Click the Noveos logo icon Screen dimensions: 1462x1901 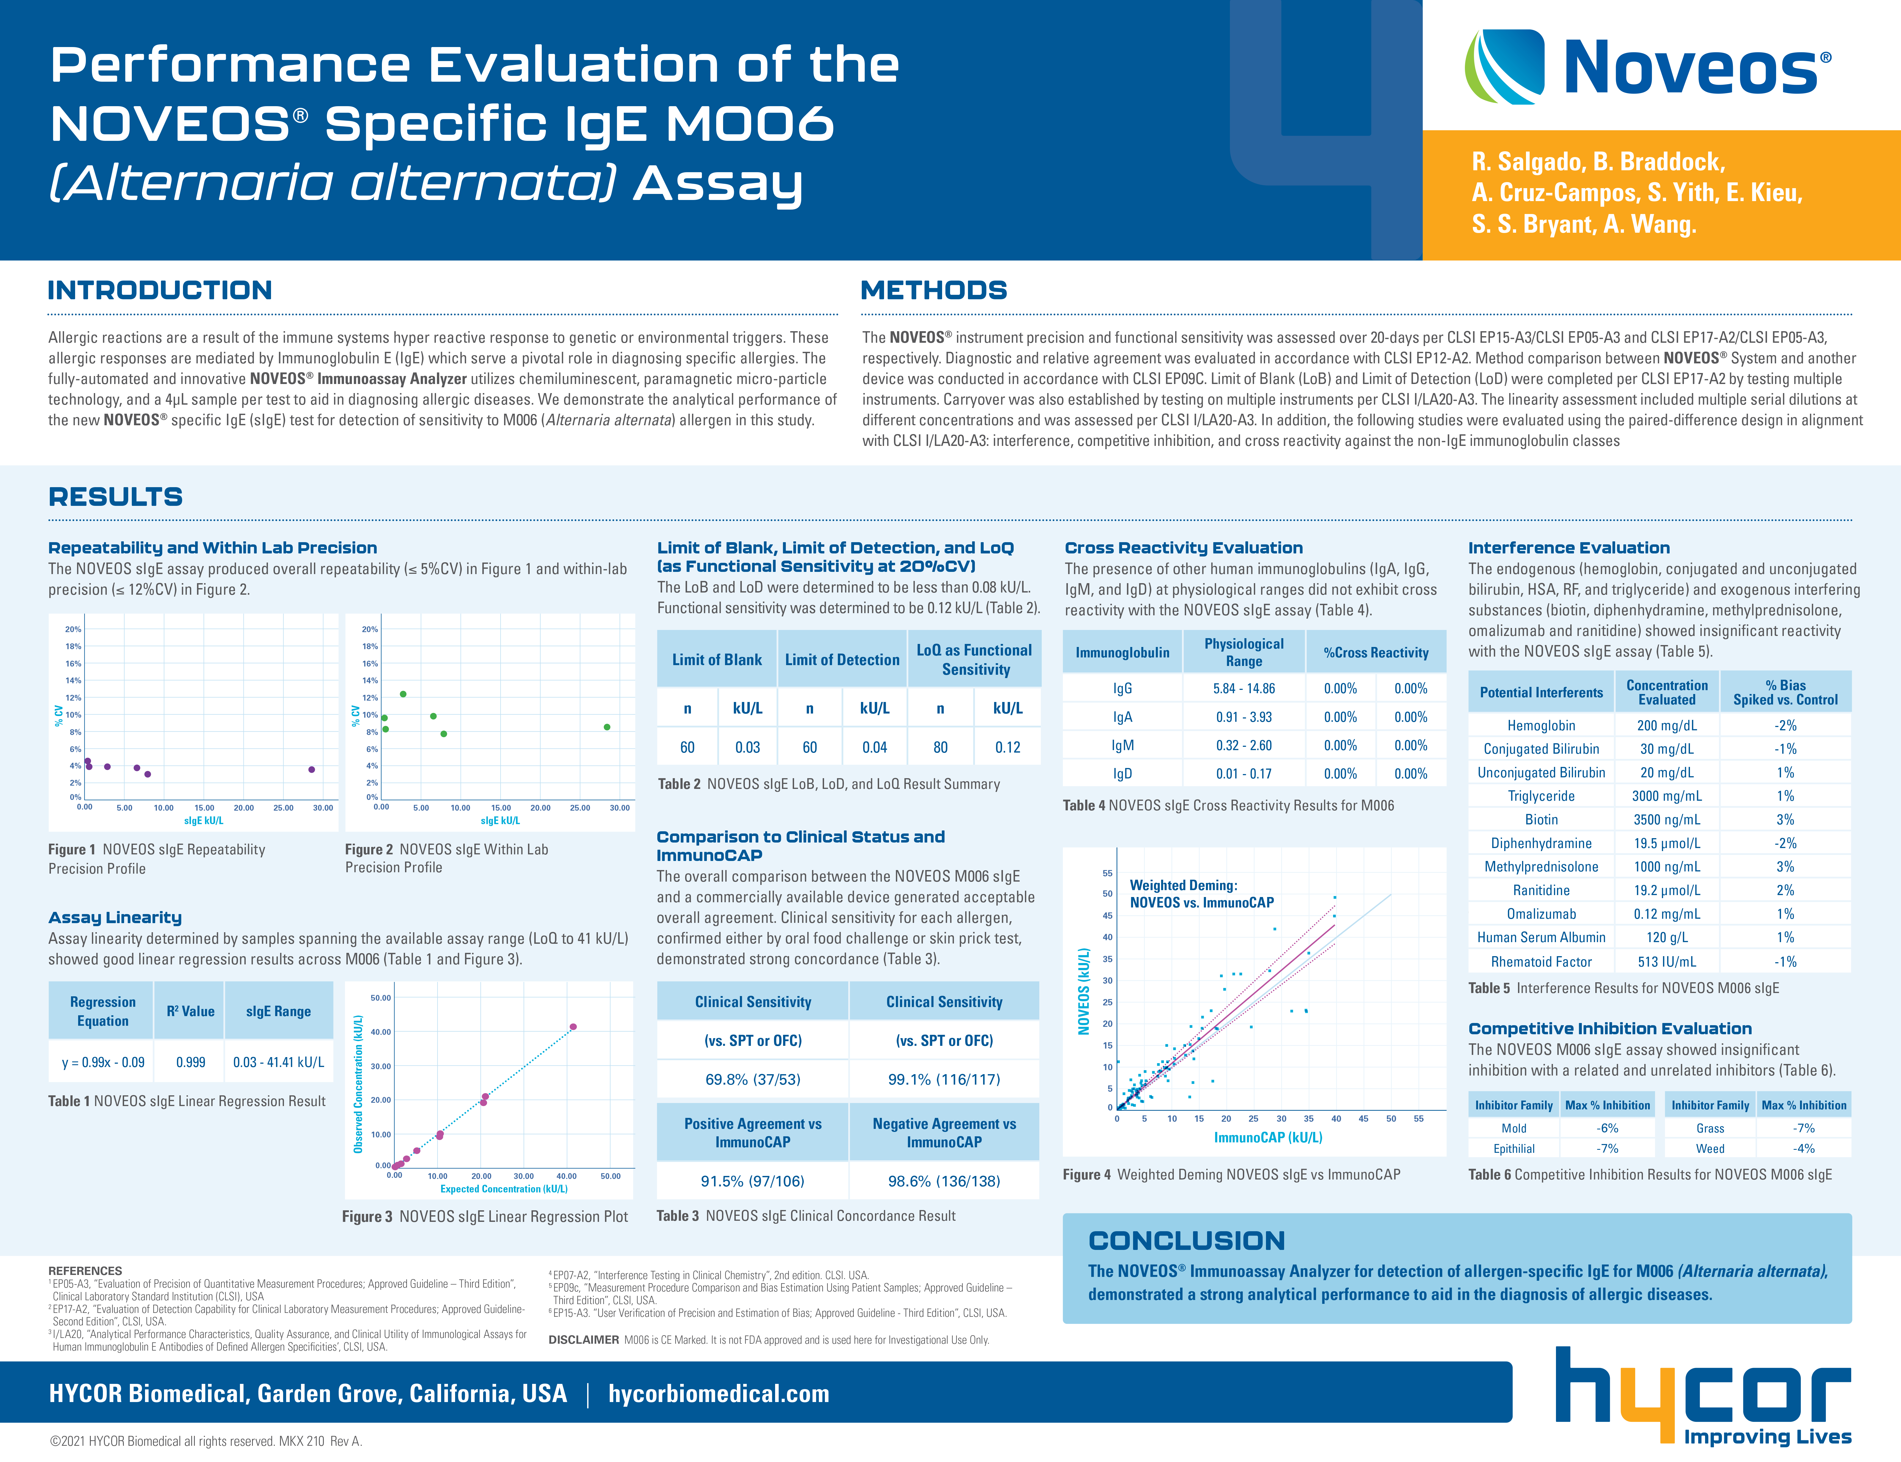pos(1504,66)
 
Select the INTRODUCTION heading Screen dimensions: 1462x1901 pos(160,290)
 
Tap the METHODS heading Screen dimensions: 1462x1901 pos(933,290)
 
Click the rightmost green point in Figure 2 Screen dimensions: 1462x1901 pos(607,727)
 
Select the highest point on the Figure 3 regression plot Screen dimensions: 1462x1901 pos(573,1027)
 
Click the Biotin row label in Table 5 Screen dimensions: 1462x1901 pos(1541,820)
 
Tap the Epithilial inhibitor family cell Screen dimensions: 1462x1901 pos(1514,1149)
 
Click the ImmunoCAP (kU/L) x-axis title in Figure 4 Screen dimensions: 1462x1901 pos(1267,1137)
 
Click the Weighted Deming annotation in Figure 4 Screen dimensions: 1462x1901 pos(1201,894)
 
